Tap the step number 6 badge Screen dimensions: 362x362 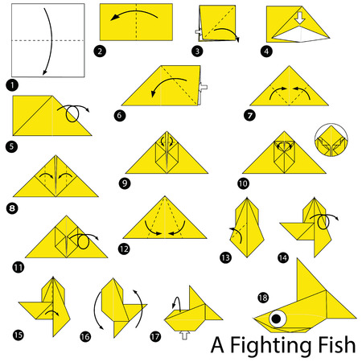click(119, 115)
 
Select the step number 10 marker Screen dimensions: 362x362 click(243, 183)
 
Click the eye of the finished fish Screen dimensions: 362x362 click(278, 319)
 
